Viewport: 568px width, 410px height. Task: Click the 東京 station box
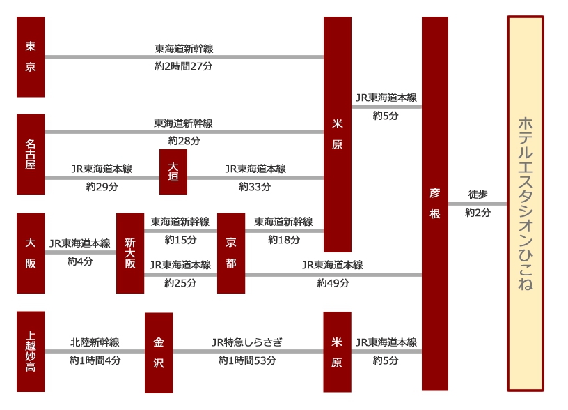31,57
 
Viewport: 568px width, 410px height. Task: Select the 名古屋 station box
31,154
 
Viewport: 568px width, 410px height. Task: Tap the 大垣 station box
173,172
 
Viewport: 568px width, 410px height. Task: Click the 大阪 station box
31,253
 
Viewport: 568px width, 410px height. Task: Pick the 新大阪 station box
130,253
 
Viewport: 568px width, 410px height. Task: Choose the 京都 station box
231,253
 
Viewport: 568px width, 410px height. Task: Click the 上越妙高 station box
31,351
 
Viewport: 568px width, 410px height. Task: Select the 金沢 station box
159,353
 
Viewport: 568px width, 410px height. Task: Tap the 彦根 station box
435,204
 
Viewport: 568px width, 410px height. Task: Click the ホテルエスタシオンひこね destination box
526,204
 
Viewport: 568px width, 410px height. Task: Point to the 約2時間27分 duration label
184,66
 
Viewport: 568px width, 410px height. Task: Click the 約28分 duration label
184,141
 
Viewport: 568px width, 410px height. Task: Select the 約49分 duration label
333,283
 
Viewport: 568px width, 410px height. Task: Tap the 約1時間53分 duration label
247,360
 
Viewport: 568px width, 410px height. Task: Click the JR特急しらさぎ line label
247,342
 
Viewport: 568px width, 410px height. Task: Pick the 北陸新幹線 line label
95,342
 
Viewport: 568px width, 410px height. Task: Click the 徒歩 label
478,195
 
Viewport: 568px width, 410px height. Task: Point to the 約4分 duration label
80,261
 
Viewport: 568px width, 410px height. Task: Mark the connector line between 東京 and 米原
184,57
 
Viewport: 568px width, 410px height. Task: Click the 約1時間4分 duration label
95,360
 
